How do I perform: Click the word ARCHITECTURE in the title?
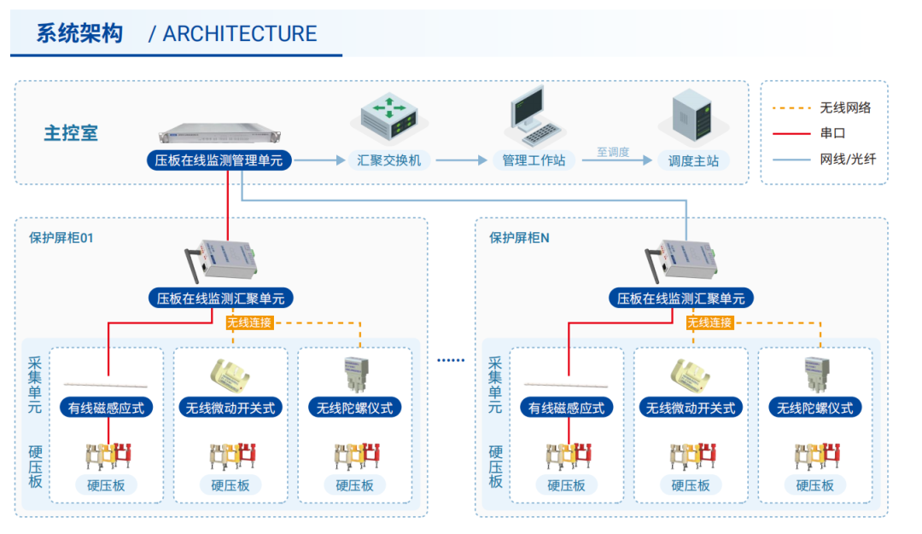click(x=239, y=34)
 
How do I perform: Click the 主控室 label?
click(x=71, y=133)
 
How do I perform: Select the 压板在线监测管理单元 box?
click(x=219, y=160)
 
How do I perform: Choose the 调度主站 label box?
click(x=693, y=160)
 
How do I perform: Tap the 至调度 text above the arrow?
click(x=613, y=152)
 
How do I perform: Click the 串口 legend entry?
click(x=832, y=134)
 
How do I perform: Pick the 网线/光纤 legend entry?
click(x=848, y=160)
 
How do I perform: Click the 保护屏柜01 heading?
click(x=61, y=238)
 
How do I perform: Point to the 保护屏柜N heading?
click(x=519, y=238)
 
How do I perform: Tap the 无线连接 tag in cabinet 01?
click(x=249, y=322)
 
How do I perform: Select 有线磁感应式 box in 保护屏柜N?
click(x=566, y=408)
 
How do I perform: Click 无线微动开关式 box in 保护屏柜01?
click(x=230, y=408)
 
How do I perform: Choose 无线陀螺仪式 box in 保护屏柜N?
click(x=814, y=408)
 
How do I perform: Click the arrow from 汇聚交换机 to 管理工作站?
click(x=462, y=160)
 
